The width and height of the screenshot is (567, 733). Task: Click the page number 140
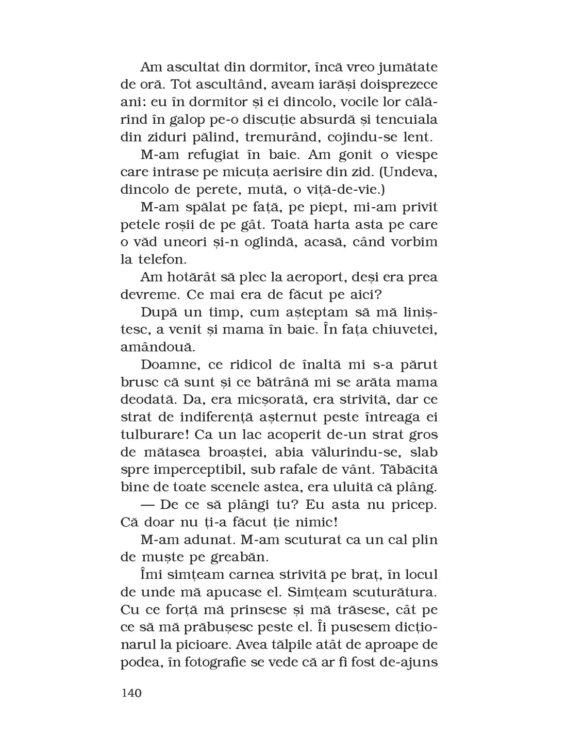[x=131, y=693]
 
